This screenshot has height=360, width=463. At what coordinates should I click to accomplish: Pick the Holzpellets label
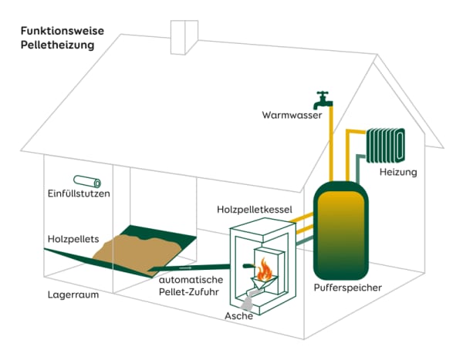pos(73,239)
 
